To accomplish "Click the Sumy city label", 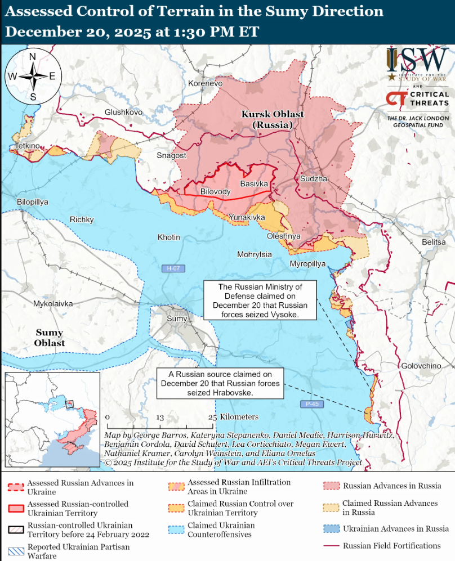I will pyautogui.click(x=177, y=319).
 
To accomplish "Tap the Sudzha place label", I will pyautogui.click(x=313, y=178).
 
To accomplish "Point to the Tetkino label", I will pyautogui.click(x=27, y=146).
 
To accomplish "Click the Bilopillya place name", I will pyautogui.click(x=33, y=201).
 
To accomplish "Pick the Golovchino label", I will pyautogui.click(x=421, y=366).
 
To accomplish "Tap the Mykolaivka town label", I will pyautogui.click(x=53, y=304).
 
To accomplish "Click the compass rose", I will pyautogui.click(x=33, y=77).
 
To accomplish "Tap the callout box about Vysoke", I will pyautogui.click(x=260, y=301).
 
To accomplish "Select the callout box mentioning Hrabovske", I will pyautogui.click(x=220, y=383).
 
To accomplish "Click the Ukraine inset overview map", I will pyautogui.click(x=52, y=420).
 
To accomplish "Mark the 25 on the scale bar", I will pyautogui.click(x=212, y=418).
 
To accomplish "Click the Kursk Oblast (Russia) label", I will pyautogui.click(x=272, y=119).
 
